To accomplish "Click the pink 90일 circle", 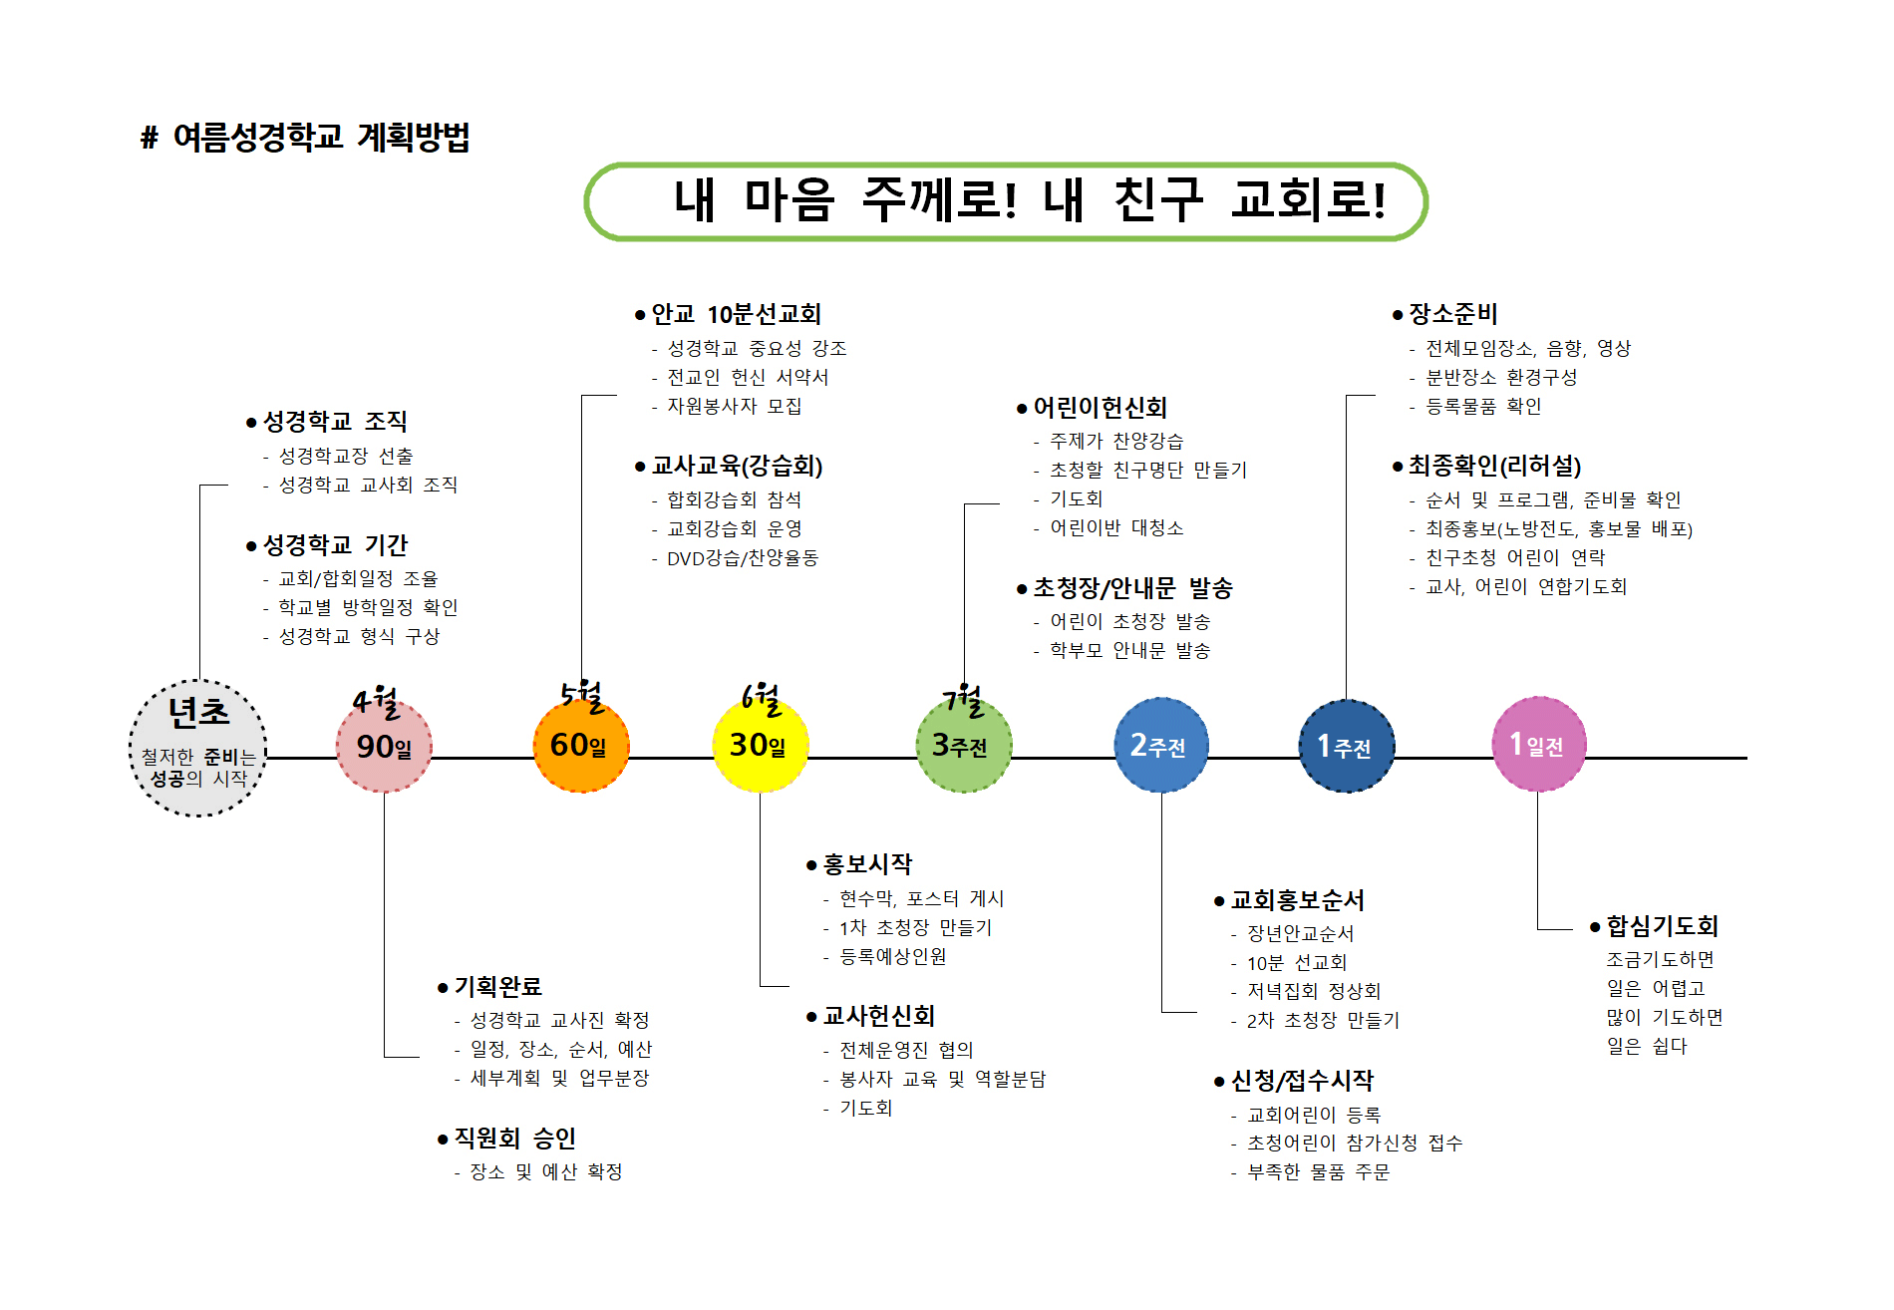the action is (384, 746).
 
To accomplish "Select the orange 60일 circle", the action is (582, 745).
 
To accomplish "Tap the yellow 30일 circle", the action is (761, 745).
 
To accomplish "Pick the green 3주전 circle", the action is (964, 745).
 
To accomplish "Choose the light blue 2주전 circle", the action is (1161, 745).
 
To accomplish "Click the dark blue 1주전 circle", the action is (1347, 746).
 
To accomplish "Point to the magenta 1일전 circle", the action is (1539, 744).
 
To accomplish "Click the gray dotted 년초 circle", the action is (198, 748).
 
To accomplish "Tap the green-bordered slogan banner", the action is (1006, 201).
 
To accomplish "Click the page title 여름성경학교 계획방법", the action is (306, 137).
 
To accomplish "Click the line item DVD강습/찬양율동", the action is (743, 558).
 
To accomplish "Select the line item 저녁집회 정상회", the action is (1314, 991).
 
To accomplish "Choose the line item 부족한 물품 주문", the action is (1318, 1172).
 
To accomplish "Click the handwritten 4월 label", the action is (377, 702).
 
